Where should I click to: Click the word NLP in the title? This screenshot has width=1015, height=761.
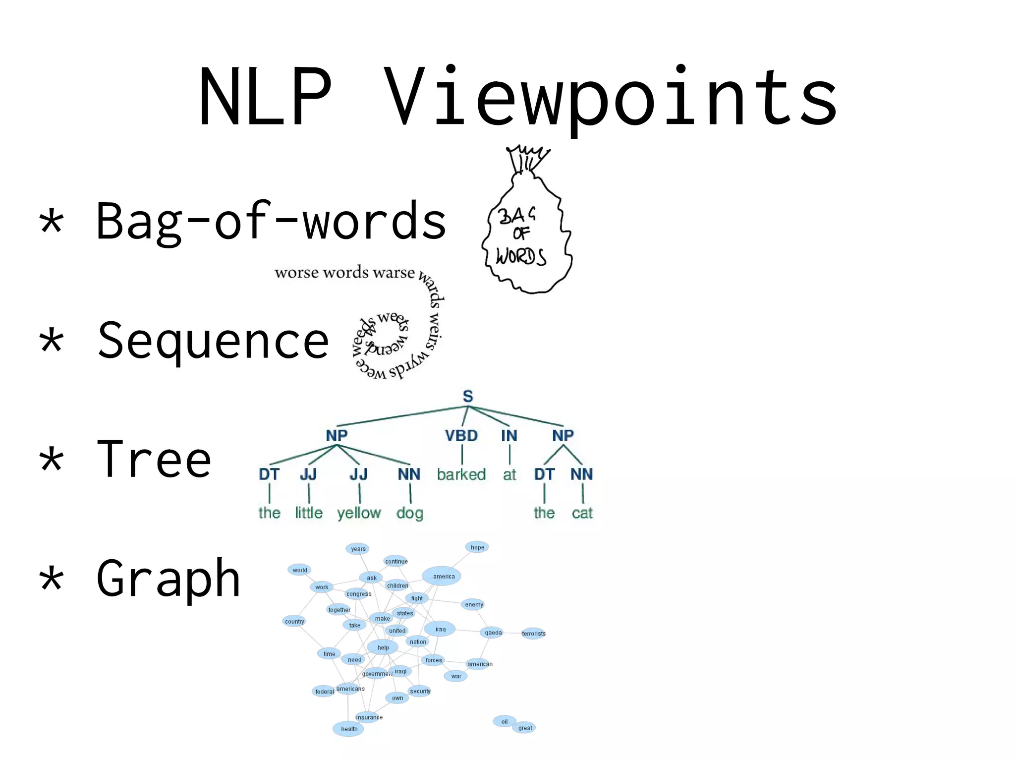coord(265,97)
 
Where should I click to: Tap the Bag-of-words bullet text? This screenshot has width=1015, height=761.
coord(271,222)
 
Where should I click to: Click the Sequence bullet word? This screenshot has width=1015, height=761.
coord(213,341)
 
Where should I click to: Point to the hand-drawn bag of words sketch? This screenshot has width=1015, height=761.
coord(526,228)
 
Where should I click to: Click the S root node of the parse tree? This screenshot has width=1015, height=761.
coord(468,397)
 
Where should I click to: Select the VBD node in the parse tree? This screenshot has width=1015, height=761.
coord(461,436)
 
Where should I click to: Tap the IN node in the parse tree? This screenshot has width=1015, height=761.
coord(509,436)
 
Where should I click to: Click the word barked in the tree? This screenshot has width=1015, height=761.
coord(461,474)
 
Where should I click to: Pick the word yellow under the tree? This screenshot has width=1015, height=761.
coord(359,513)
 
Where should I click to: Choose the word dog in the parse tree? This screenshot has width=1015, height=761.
coord(409,513)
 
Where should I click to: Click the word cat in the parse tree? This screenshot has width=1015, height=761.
coord(582,513)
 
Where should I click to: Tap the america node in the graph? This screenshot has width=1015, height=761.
coord(443,576)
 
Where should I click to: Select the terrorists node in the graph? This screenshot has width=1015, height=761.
coord(533,634)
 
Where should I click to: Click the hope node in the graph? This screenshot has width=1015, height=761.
coord(477,547)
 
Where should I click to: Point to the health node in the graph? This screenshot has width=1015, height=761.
coord(349,729)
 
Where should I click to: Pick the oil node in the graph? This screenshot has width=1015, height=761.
coord(504,721)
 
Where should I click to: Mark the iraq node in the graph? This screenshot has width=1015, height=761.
coord(440,629)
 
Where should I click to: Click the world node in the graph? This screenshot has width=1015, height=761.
coord(300,570)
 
